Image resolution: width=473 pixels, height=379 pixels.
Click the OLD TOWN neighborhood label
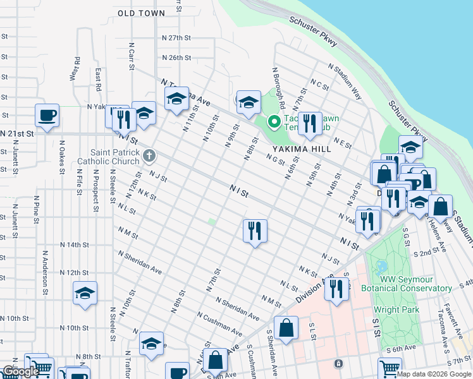[141, 13]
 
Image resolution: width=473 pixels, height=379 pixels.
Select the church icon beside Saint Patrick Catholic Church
[149, 155]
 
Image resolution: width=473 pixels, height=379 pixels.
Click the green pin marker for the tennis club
[274, 121]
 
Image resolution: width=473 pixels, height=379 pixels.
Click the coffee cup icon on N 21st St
[47, 115]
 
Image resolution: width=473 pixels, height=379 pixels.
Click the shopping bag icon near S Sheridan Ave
[286, 328]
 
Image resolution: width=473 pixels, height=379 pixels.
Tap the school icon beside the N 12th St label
[85, 293]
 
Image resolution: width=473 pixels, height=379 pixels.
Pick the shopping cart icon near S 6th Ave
[390, 368]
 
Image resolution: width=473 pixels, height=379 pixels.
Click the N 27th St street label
[176, 38]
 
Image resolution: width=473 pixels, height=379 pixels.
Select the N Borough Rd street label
[279, 88]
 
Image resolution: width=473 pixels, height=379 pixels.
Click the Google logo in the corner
[20, 371]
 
